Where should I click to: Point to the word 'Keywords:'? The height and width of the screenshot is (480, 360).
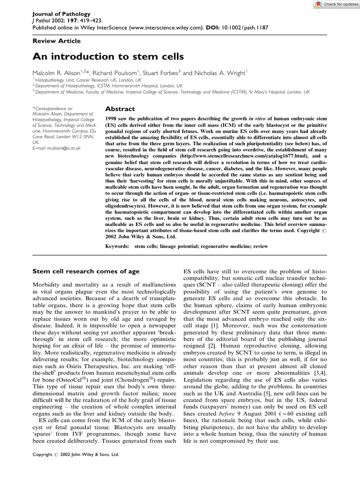[x=118, y=246]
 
